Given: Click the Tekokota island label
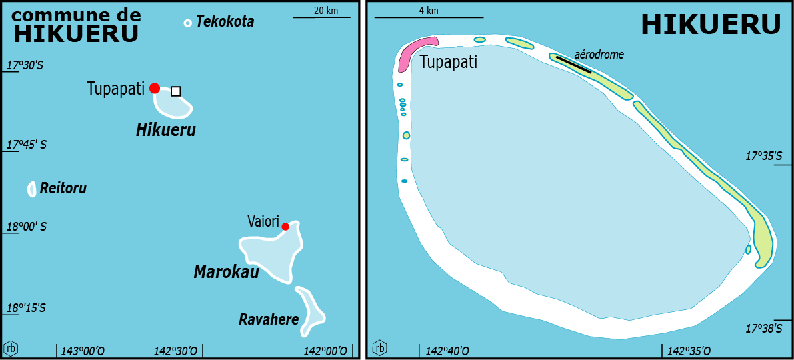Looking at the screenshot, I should click(x=225, y=22).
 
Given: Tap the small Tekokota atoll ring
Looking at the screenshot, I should click(x=187, y=23).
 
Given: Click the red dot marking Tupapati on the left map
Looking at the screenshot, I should click(x=155, y=88).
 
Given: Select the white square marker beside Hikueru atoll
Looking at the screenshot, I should click(x=175, y=91).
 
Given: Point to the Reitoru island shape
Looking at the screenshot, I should click(x=31, y=189).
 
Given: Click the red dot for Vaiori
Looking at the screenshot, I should click(x=285, y=227).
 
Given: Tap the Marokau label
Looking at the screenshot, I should click(x=226, y=272).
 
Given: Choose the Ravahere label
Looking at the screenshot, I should click(x=269, y=320).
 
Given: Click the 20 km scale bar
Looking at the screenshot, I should click(x=321, y=17).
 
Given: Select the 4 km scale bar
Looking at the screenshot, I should click(x=429, y=17).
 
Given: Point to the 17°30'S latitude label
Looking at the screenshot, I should click(x=25, y=65).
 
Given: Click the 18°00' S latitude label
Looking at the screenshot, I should click(x=27, y=227).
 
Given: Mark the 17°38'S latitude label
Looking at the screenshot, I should click(x=763, y=329).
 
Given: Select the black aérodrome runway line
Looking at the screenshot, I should click(x=573, y=65).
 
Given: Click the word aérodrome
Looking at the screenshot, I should click(x=599, y=55).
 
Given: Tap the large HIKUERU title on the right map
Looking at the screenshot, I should click(x=711, y=25).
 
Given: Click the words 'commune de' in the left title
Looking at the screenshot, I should click(x=77, y=15).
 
